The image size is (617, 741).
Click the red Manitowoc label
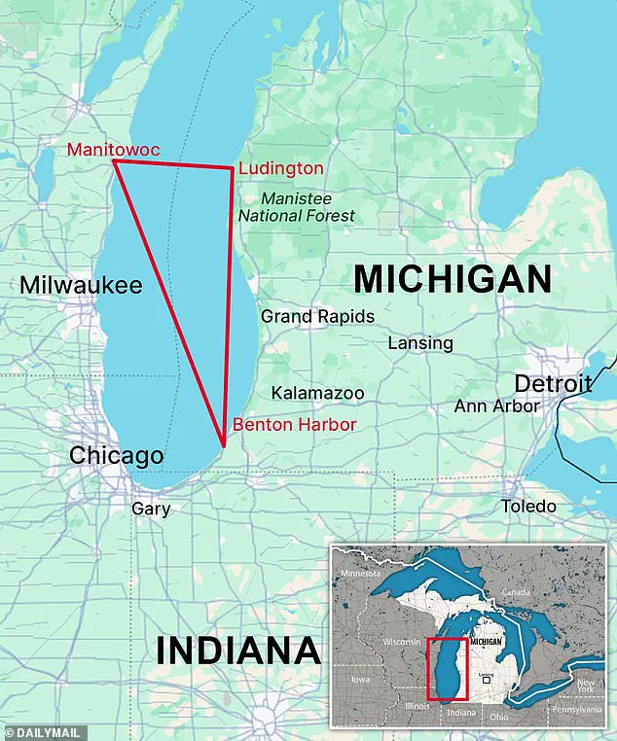(x=113, y=149)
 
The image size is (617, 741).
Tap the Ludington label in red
(x=280, y=168)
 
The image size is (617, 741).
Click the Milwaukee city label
(x=81, y=285)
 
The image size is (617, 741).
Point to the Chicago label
(x=116, y=456)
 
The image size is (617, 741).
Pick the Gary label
(x=150, y=509)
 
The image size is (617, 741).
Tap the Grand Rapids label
(x=317, y=316)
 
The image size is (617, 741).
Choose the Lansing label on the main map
(x=420, y=343)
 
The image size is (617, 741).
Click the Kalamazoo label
(x=317, y=393)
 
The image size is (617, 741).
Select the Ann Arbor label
(x=496, y=406)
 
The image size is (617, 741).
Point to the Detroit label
(x=553, y=383)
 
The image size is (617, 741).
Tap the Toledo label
(x=528, y=507)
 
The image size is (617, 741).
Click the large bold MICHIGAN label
(x=452, y=279)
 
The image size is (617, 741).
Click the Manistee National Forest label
(x=297, y=206)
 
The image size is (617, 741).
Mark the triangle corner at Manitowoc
(x=115, y=162)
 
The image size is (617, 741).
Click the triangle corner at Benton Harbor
(x=224, y=445)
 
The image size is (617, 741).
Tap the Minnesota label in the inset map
(x=362, y=575)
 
